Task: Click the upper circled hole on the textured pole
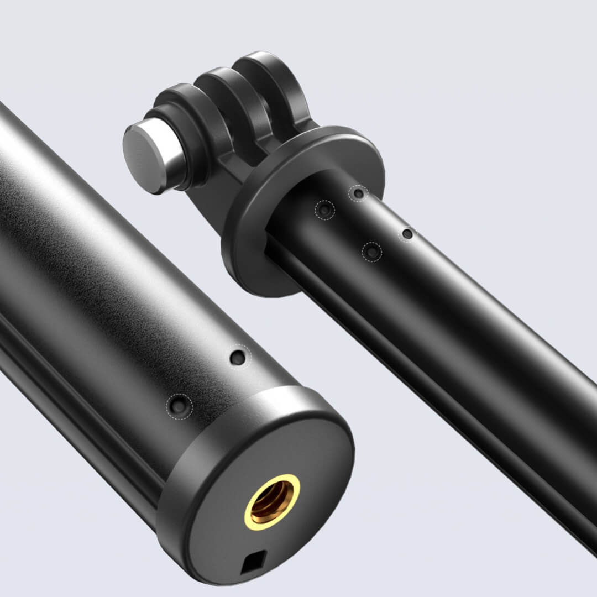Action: [238, 357]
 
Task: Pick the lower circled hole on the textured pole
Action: [178, 406]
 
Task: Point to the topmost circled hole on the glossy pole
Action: [359, 193]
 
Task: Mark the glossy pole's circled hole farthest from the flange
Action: [407, 234]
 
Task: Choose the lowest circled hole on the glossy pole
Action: [372, 252]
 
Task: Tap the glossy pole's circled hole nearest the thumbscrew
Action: [324, 210]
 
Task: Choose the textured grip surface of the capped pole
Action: [111, 249]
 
